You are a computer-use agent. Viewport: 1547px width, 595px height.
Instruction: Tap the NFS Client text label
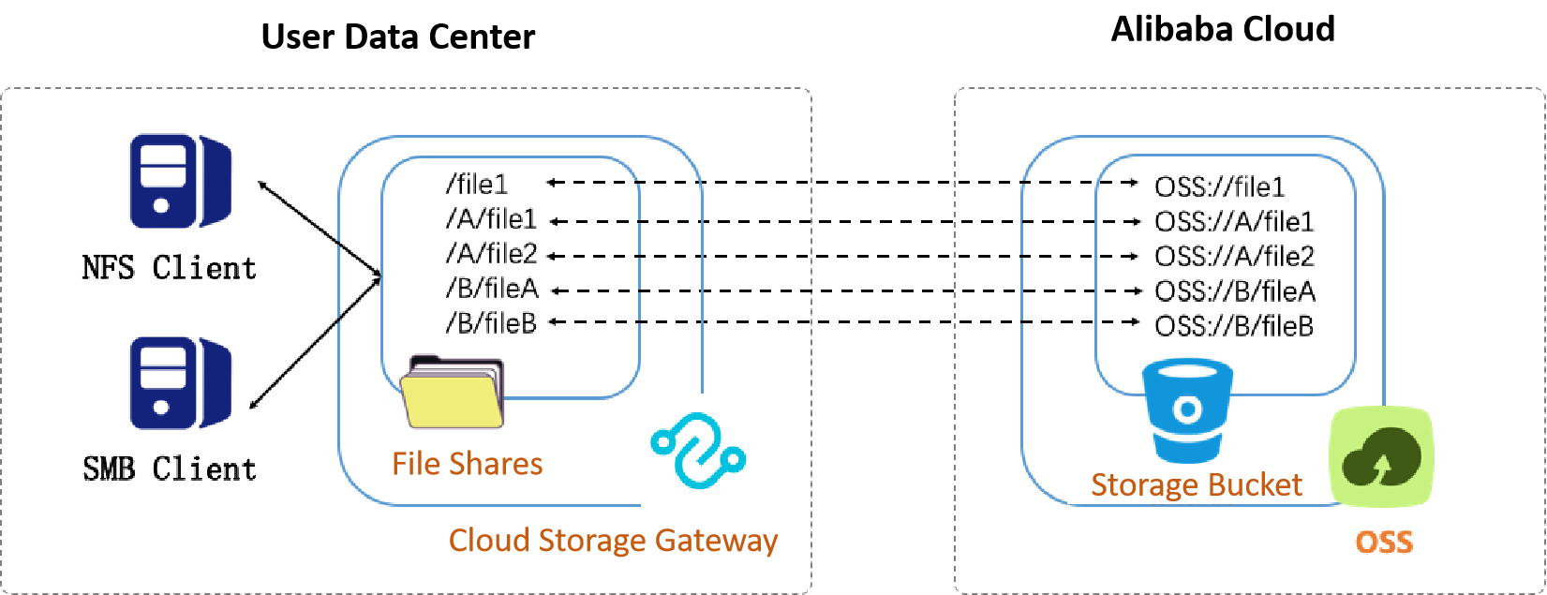pos(169,268)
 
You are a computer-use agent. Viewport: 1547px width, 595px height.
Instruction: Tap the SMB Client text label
pos(169,469)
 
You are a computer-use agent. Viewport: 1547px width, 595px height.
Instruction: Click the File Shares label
pos(467,464)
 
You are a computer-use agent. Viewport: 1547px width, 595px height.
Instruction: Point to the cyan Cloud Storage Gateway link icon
pos(698,451)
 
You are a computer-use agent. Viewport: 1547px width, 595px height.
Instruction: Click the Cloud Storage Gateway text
pos(613,541)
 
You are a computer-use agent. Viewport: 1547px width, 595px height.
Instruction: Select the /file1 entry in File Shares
pos(477,184)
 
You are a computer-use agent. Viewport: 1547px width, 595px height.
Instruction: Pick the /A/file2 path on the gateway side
pos(491,254)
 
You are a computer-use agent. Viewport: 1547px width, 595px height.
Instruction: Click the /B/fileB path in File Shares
pos(491,323)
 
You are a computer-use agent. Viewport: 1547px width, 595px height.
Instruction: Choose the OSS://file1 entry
pos(1219,187)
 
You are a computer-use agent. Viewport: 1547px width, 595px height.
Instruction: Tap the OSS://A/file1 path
pos(1234,222)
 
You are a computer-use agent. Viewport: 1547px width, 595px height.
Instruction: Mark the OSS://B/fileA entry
pos(1234,291)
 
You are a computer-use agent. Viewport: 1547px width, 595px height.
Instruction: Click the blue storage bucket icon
pos(1187,410)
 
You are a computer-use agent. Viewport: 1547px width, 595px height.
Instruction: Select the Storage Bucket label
pos(1197,485)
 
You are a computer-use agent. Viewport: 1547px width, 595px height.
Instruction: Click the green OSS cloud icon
pos(1381,456)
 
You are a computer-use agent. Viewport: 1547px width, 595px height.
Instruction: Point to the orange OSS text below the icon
pos(1384,542)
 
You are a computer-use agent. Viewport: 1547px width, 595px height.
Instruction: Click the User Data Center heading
pos(398,37)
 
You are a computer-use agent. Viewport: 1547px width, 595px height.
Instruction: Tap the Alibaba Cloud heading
pos(1223,30)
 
